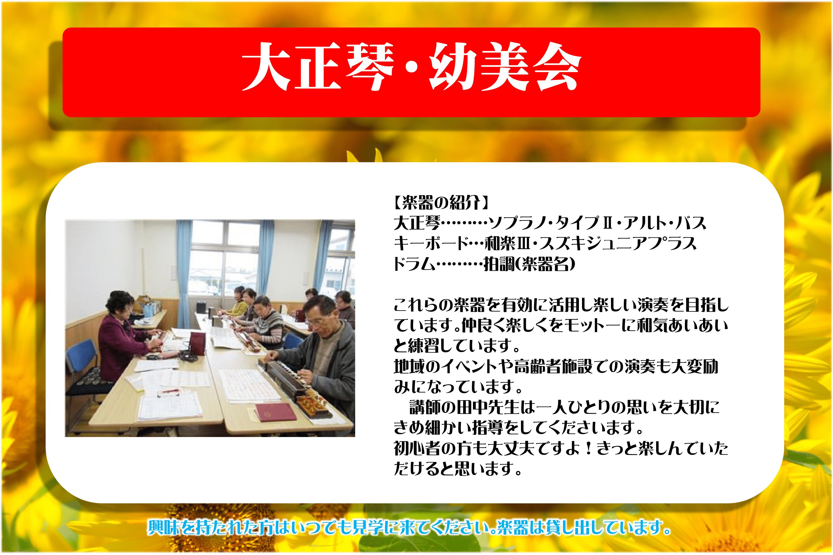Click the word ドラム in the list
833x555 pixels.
coord(415,264)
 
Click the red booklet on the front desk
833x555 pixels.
coord(276,412)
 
